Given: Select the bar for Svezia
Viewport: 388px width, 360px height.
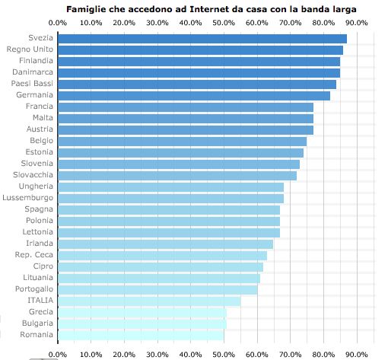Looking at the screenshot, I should point(202,38).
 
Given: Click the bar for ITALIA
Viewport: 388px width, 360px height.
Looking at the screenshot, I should point(148,301).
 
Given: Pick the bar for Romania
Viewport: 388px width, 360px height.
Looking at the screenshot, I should point(141,335).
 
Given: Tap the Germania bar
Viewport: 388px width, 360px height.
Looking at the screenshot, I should point(193,95).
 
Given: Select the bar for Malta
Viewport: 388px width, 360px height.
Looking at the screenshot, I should point(185,118).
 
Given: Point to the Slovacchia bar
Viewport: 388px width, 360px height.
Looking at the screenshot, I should point(177,175).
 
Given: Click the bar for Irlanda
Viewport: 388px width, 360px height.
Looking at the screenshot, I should point(165,244).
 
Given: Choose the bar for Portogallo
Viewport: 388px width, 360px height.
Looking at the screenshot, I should point(157,289).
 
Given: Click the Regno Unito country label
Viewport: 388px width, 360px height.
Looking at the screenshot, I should point(30,49).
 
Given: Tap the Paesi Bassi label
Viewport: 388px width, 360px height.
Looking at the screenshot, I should point(32,84).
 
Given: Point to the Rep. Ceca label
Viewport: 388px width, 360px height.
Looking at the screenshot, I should point(34,255).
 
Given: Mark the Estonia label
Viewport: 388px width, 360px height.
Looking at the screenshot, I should point(37,152).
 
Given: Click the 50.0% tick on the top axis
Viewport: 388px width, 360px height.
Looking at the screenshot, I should point(224,23).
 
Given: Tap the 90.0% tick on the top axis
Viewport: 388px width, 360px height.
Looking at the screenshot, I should point(357,23).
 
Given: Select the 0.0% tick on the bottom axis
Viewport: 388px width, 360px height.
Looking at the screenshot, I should point(57,354).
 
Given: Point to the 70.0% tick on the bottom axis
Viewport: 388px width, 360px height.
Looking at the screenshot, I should point(290,354).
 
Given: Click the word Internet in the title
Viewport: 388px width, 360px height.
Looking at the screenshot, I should point(203,8).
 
